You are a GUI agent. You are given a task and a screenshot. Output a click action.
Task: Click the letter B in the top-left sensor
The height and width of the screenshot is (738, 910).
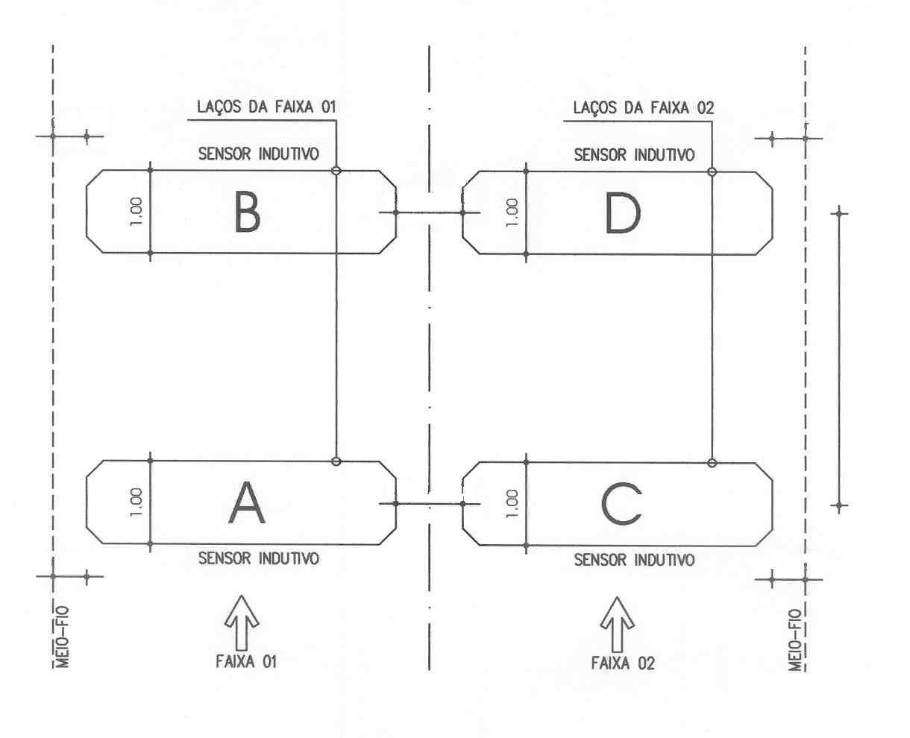[248, 212]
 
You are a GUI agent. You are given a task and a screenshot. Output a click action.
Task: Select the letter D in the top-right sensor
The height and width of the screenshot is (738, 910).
[623, 213]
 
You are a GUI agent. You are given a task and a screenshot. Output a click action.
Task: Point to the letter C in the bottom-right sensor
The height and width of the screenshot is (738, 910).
[621, 504]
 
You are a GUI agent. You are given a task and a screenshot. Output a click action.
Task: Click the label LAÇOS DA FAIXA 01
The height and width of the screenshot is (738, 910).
[266, 107]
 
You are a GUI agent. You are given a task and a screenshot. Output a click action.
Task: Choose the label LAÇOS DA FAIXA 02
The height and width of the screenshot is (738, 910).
[644, 108]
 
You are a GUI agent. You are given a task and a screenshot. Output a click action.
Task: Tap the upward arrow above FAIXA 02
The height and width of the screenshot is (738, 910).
[617, 624]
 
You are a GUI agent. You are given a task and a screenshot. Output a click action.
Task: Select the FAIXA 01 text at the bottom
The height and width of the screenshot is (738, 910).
[246, 662]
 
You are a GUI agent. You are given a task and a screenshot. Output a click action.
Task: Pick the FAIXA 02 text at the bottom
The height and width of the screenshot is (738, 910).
[623, 663]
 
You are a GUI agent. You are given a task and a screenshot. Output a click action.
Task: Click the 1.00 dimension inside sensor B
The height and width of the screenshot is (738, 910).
[136, 212]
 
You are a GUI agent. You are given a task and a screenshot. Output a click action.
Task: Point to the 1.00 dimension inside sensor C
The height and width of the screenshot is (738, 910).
[512, 504]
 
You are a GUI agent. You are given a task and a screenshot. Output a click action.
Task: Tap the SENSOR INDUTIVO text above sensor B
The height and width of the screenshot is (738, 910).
[259, 154]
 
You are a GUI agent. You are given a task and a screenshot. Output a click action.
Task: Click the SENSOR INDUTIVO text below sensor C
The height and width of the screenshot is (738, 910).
[635, 560]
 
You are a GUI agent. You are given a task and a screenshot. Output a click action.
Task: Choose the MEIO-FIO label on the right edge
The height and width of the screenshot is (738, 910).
[794, 640]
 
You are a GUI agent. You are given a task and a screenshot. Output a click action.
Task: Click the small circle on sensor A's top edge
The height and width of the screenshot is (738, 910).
[336, 461]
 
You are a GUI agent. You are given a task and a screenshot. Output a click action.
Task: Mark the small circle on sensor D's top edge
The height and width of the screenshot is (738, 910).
[712, 171]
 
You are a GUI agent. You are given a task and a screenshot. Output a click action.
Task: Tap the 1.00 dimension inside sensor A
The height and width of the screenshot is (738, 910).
[136, 502]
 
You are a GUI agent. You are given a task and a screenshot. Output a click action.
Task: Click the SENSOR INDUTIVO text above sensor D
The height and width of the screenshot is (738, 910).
[635, 154]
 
